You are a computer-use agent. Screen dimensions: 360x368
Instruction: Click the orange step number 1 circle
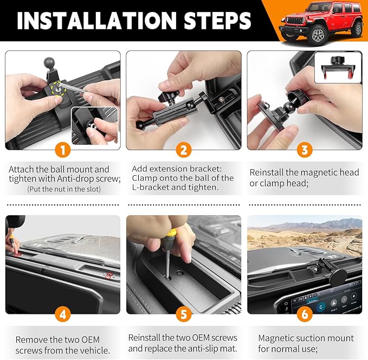63,150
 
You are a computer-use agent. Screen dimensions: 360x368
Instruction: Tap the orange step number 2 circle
184,150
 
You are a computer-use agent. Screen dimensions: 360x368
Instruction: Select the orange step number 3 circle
305,150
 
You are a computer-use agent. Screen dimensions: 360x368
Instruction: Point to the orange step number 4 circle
63,314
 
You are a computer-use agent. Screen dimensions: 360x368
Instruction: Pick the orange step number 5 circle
184,314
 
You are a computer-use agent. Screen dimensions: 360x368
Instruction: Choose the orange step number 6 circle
305,314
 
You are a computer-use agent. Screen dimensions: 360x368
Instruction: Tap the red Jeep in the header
320,22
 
